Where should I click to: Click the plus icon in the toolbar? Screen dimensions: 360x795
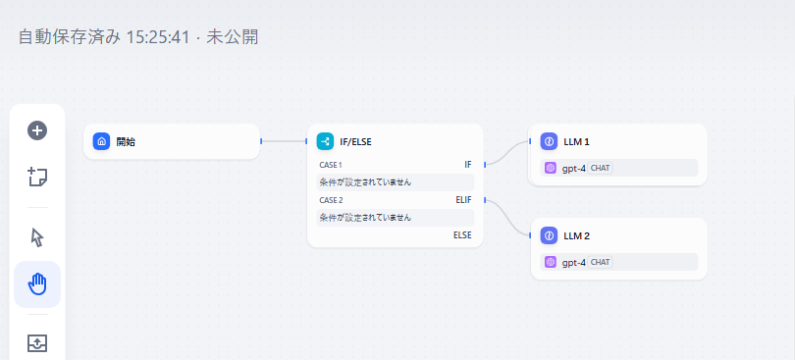click(x=37, y=130)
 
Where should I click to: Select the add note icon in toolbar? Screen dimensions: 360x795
click(x=37, y=177)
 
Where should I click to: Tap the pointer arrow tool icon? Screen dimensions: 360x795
click(x=37, y=237)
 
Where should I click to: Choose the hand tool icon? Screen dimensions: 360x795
click(x=37, y=284)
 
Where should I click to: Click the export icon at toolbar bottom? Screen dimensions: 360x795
click(x=37, y=343)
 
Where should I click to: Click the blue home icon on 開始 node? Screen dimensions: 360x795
click(x=101, y=141)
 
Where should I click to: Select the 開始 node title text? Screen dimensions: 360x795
click(x=126, y=141)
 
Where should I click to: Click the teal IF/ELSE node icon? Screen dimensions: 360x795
click(x=325, y=141)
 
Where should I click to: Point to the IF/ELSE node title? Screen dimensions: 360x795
click(x=355, y=141)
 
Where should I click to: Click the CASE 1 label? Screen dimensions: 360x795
click(x=331, y=165)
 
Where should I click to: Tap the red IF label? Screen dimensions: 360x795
click(x=467, y=165)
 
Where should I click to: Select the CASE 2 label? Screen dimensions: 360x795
click(x=331, y=200)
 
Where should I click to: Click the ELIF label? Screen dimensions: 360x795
click(x=463, y=200)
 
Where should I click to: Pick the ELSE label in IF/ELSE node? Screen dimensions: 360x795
click(x=462, y=235)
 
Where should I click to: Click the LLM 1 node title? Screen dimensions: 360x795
click(x=577, y=141)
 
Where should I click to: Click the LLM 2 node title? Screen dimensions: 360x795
click(x=577, y=236)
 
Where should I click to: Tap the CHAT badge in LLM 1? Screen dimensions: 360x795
click(x=600, y=168)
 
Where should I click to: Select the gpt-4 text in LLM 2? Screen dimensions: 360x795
click(x=574, y=263)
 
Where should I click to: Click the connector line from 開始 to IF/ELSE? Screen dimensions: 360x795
click(x=285, y=141)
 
